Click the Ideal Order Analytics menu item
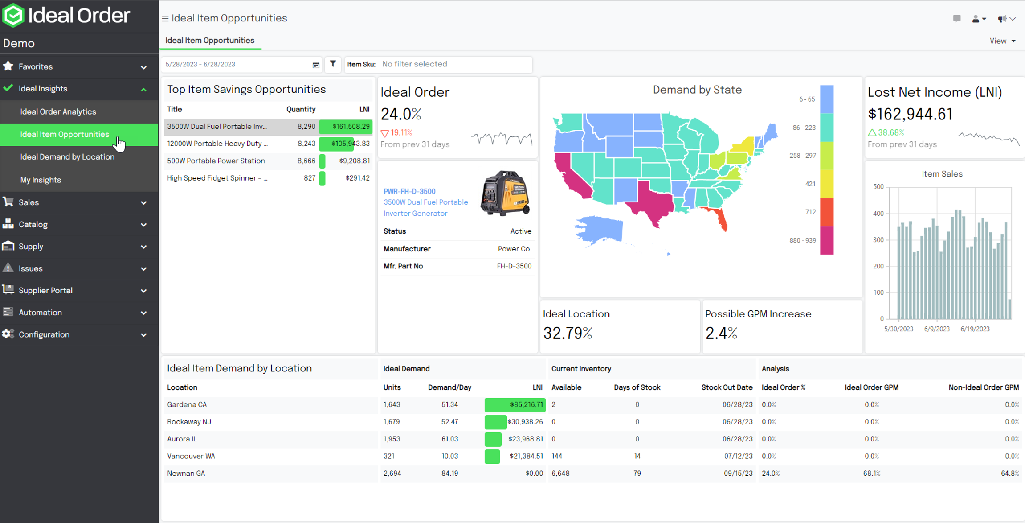point(58,111)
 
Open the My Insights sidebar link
point(41,180)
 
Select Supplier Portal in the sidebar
point(45,290)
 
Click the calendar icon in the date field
point(316,65)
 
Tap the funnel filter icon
point(333,64)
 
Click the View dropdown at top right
point(1002,41)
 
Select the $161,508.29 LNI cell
point(351,127)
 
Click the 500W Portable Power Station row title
point(216,161)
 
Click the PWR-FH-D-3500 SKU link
point(409,191)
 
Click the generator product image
point(505,193)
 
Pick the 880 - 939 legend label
point(803,240)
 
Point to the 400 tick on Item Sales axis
point(878,214)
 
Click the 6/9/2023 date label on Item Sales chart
point(937,329)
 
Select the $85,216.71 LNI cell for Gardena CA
point(526,405)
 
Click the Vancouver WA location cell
point(191,456)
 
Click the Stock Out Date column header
point(727,387)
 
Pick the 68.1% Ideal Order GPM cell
point(871,474)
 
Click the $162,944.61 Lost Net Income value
point(910,114)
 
